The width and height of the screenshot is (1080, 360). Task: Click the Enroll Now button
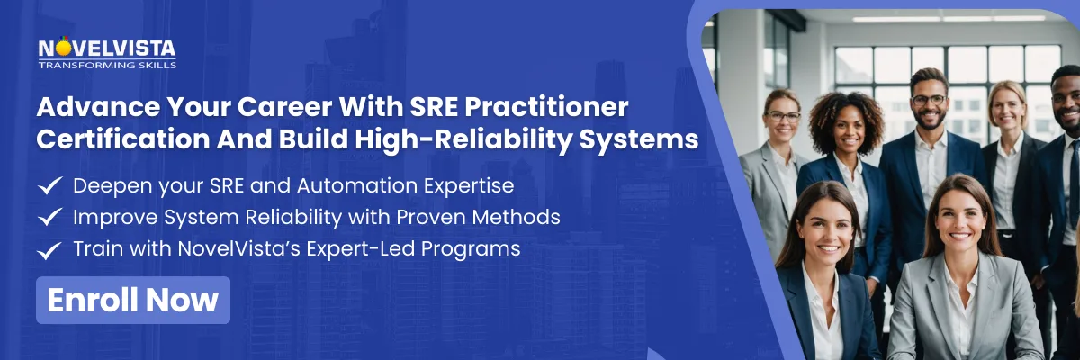[133, 300]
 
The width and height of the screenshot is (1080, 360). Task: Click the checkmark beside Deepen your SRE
[50, 186]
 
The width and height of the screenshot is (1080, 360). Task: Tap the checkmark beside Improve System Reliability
[50, 217]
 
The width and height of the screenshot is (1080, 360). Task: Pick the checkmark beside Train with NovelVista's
[50, 248]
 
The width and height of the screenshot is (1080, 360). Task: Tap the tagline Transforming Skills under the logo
[107, 66]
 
